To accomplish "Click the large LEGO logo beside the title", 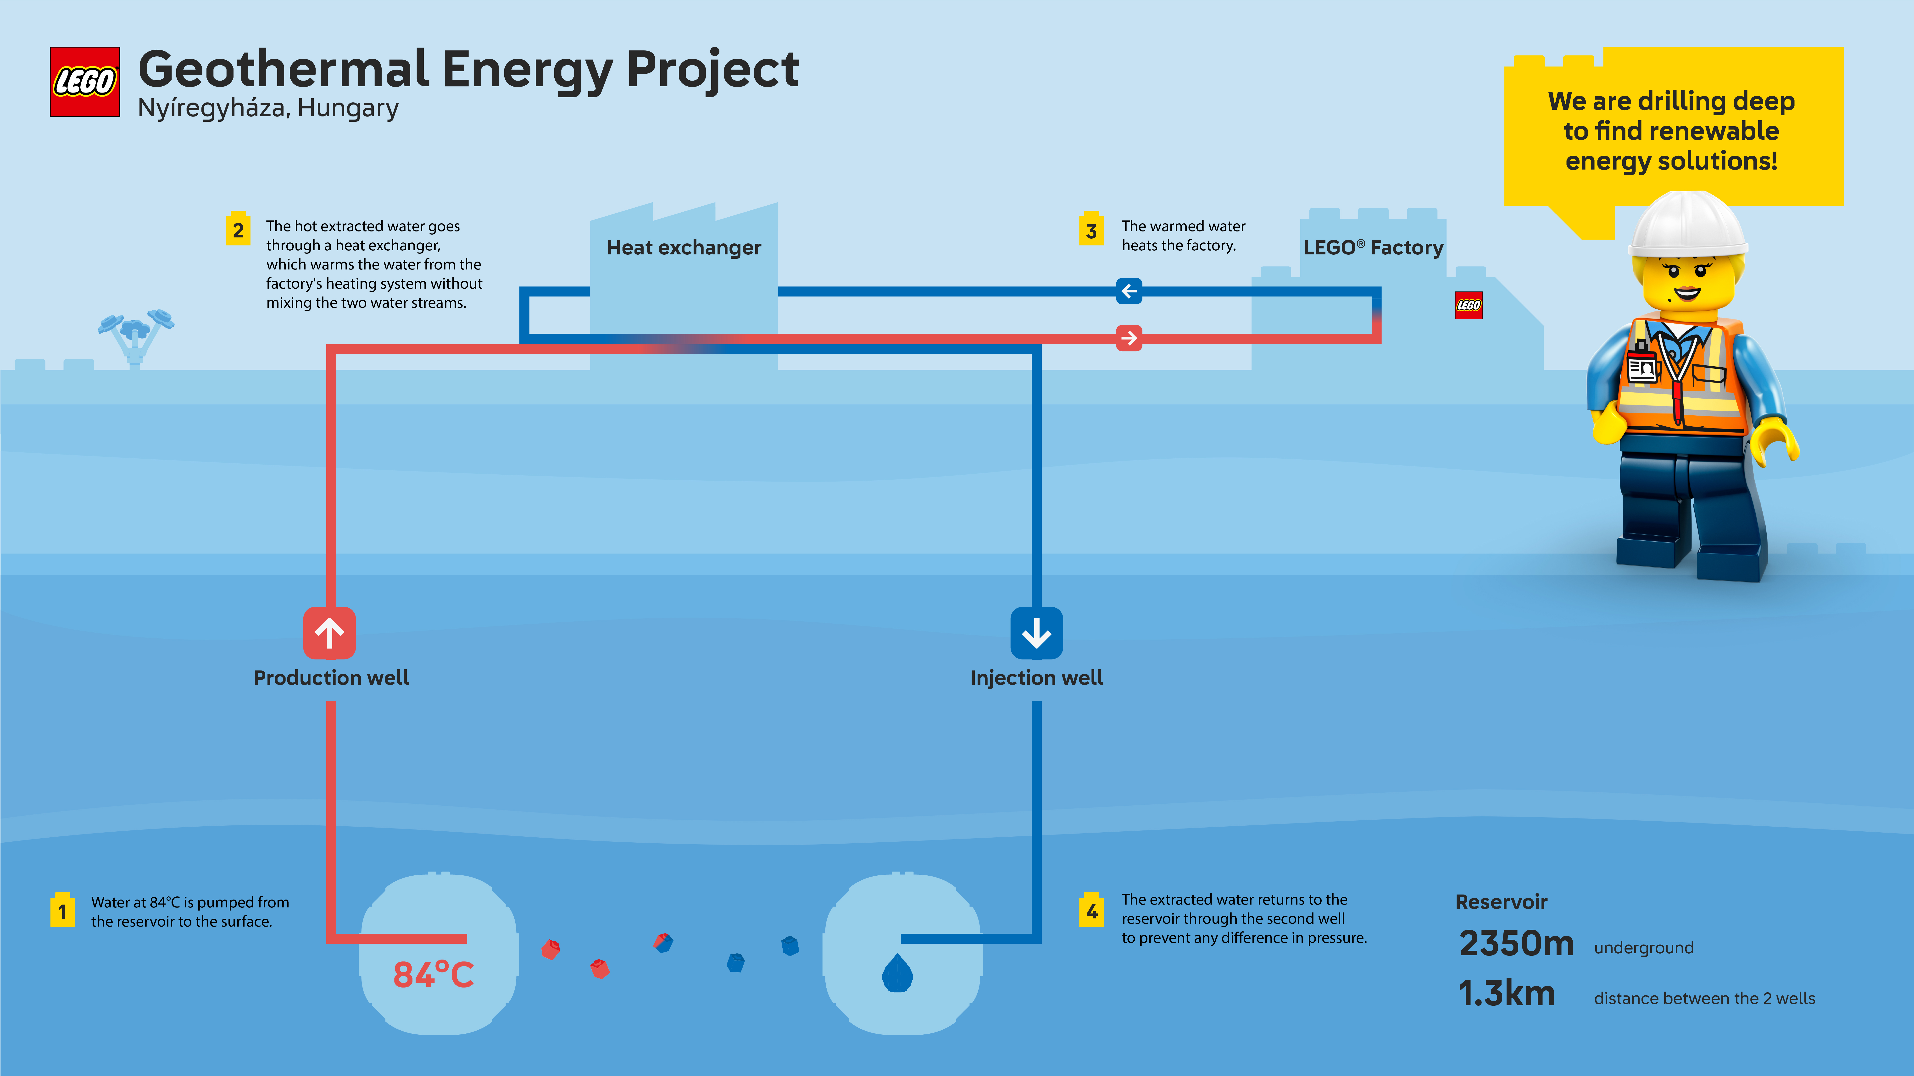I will pos(85,82).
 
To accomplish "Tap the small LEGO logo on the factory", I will pos(1468,305).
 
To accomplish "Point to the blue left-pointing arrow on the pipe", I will pos(1129,291).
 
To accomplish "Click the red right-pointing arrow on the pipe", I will pos(1129,339).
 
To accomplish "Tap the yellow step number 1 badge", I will pos(62,910).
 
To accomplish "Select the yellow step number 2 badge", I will pos(238,230).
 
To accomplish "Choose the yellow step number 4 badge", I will pos(1091,910).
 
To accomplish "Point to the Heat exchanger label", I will pos(684,247).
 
